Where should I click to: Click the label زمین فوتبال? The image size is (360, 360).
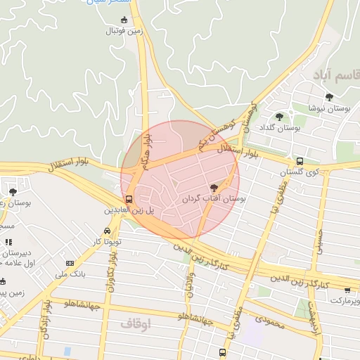point(125,32)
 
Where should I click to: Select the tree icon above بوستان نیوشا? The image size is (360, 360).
point(328,97)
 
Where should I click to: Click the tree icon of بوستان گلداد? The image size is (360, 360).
point(279,117)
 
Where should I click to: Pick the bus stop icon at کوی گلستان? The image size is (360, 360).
point(300,161)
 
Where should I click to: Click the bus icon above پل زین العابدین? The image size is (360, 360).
point(128,199)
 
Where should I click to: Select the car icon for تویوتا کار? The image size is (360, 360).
point(106,231)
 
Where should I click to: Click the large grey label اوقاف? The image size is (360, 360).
point(136,324)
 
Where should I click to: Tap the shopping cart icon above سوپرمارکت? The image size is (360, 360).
point(347,290)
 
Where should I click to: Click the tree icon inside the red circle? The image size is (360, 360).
point(214,187)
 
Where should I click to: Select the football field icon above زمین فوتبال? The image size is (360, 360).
point(125,20)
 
